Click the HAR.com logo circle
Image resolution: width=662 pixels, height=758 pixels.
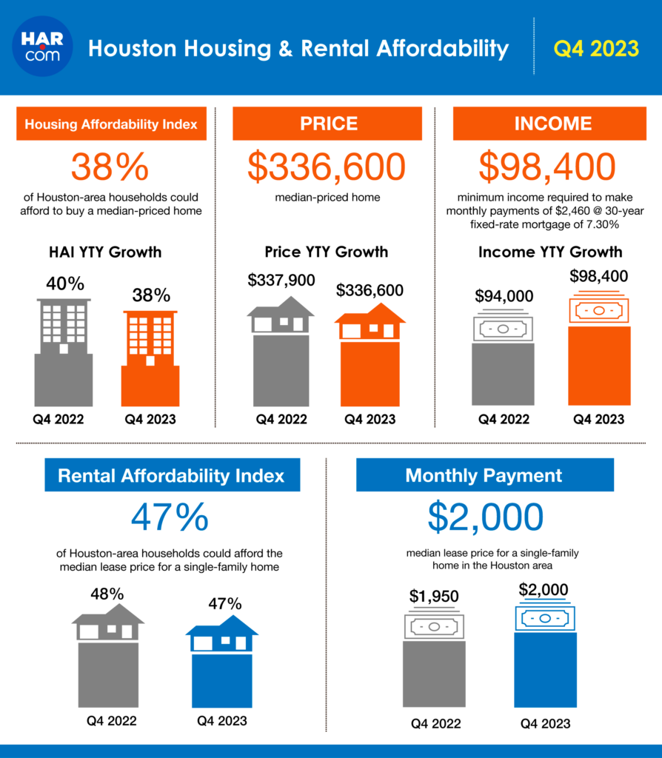[x=43, y=47]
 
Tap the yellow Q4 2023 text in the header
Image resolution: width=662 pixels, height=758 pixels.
[x=596, y=49]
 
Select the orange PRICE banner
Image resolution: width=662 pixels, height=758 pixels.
[x=328, y=124]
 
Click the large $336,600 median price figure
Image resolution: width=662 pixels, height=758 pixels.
[x=327, y=168]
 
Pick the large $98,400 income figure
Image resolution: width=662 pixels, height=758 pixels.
[x=547, y=168]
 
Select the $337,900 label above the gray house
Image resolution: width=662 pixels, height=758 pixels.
[x=281, y=280]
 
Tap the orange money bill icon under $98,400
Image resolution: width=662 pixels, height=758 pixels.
[x=598, y=311]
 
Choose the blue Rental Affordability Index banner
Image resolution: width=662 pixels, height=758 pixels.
[x=171, y=475]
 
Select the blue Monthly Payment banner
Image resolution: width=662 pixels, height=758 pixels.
[x=484, y=475]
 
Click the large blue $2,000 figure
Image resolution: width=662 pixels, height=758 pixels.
[x=485, y=518]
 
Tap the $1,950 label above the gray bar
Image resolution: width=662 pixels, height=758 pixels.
[x=434, y=596]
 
